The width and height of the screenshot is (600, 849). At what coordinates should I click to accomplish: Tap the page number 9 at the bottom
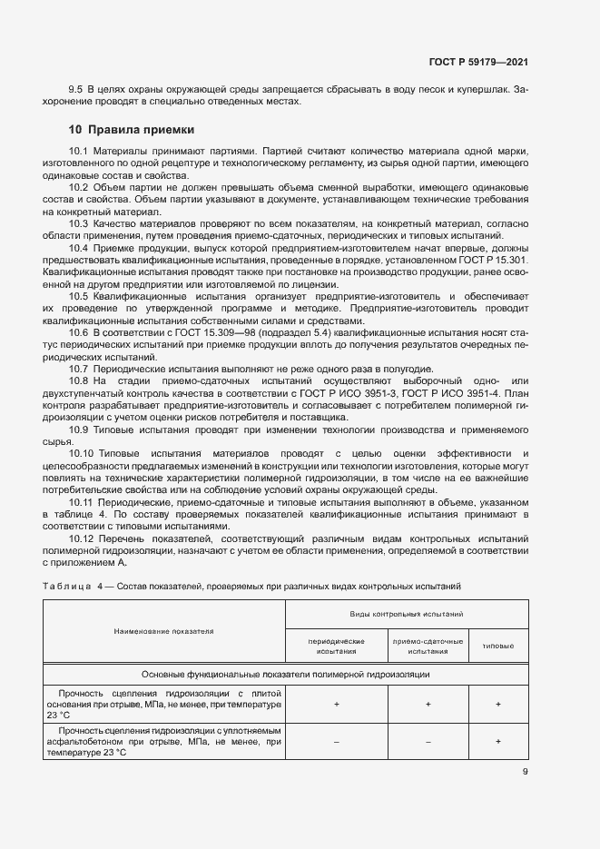[x=525, y=773]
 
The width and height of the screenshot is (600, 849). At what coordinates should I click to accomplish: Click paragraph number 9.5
[x=76, y=89]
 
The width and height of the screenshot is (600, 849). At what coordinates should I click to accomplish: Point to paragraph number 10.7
[x=79, y=368]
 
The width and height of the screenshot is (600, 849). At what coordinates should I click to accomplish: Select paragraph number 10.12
[x=82, y=538]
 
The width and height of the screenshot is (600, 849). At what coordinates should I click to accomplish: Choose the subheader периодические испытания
[x=337, y=646]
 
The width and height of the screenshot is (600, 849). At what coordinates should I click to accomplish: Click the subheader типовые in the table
[x=497, y=646]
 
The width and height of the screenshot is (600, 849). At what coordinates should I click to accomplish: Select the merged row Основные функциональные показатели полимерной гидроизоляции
[x=285, y=675]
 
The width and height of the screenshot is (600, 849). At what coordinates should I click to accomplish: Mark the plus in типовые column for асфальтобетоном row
[x=497, y=742]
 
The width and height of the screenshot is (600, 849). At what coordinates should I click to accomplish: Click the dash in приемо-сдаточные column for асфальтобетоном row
[x=428, y=742]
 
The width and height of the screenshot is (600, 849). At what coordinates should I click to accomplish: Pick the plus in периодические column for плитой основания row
[x=337, y=704]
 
